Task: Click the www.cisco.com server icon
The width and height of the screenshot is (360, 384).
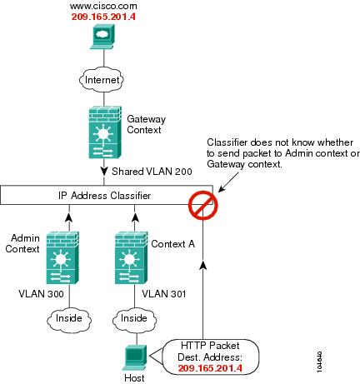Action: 102,37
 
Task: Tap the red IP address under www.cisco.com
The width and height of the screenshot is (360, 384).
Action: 103,17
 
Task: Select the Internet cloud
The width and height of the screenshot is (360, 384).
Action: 102,80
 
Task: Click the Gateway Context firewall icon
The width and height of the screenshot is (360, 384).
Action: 105,132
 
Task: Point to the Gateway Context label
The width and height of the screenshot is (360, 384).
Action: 146,124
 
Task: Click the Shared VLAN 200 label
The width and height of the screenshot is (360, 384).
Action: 152,172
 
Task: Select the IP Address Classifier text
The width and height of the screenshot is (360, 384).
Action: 104,196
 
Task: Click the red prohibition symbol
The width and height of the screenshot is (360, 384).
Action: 203,205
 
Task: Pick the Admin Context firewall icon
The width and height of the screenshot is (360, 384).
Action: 62,257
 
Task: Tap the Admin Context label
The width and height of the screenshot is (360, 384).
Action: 22,243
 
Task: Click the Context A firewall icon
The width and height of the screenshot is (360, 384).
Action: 131,257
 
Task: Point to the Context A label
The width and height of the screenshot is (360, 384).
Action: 172,244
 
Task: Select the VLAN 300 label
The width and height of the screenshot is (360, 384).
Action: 41,294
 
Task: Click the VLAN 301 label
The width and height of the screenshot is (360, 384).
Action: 163,294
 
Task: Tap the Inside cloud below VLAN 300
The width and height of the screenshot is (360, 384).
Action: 69,318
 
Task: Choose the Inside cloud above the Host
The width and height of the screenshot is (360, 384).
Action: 134,318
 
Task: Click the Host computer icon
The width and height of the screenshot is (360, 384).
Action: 135,358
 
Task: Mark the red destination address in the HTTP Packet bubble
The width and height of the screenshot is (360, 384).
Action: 210,368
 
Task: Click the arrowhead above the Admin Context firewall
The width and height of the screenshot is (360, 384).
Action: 69,217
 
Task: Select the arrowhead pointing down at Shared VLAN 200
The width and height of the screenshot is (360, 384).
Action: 104,171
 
